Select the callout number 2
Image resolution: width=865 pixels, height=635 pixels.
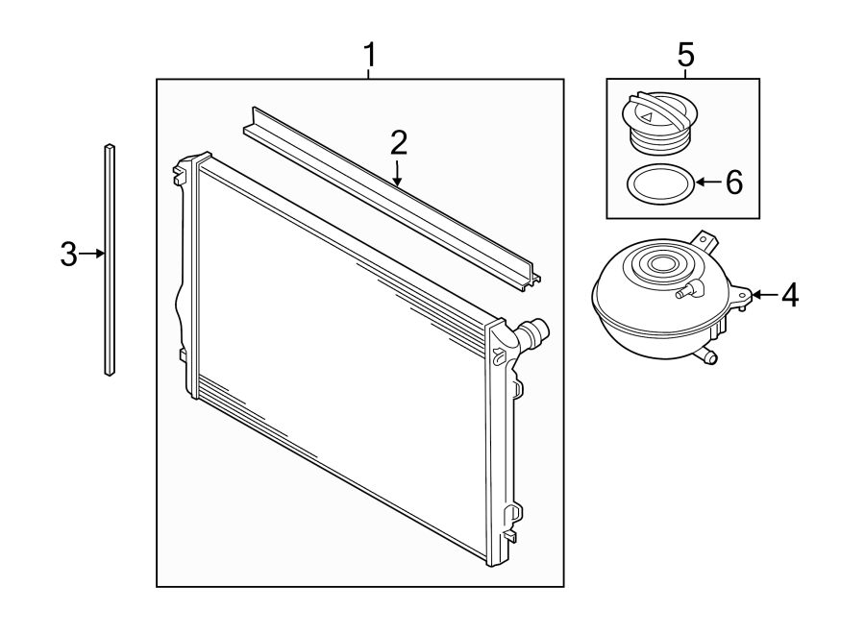tap(399, 143)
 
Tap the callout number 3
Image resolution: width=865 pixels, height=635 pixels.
tap(67, 255)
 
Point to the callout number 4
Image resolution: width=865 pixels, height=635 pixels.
tap(788, 295)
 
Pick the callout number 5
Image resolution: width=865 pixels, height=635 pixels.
tap(684, 56)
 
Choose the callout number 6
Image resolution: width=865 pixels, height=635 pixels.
tap(733, 182)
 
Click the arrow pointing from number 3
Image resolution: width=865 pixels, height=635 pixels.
tap(92, 254)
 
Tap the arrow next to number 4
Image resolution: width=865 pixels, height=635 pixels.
tap(763, 294)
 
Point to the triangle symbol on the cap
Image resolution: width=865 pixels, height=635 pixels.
tap(648, 116)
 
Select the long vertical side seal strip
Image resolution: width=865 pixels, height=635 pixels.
tap(110, 259)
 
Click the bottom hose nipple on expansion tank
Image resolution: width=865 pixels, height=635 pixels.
tap(708, 357)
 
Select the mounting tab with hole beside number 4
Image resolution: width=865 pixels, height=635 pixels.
tap(741, 295)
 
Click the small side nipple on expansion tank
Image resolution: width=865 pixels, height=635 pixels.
tap(686, 290)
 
